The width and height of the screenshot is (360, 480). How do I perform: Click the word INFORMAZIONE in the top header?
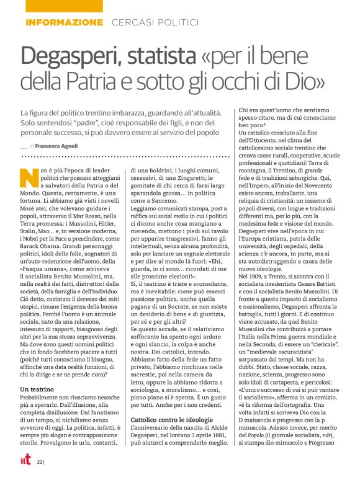(64, 22)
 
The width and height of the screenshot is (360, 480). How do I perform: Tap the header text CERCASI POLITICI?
(155, 22)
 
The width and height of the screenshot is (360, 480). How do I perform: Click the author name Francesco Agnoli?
(60, 146)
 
